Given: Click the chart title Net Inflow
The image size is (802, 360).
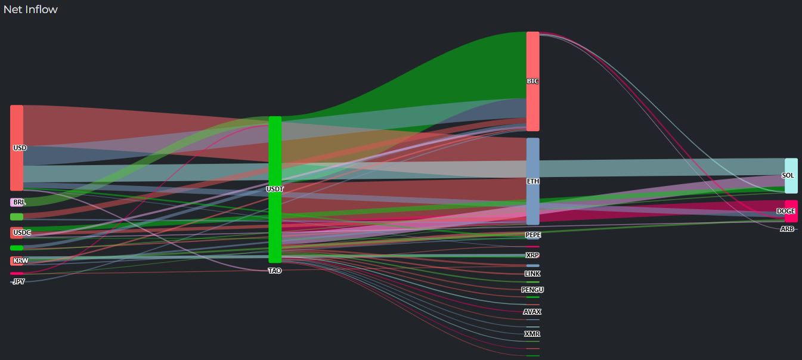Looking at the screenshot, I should [30, 10].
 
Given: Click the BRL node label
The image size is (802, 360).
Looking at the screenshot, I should [19, 203].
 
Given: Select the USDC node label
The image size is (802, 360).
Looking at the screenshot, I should [21, 233].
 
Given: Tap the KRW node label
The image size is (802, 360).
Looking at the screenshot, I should [20, 261].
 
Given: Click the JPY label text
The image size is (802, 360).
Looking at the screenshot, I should [19, 281].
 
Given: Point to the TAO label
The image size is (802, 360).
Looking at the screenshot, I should [275, 271].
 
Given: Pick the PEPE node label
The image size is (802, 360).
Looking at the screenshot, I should [533, 235].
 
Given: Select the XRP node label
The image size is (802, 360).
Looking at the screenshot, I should [532, 255].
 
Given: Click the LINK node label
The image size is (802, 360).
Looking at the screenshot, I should [532, 274].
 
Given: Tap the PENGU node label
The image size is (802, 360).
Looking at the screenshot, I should [532, 290].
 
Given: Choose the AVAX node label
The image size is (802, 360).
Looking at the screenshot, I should [532, 312].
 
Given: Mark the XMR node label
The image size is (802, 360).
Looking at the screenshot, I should [532, 334].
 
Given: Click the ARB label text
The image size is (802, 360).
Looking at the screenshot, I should [787, 229].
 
